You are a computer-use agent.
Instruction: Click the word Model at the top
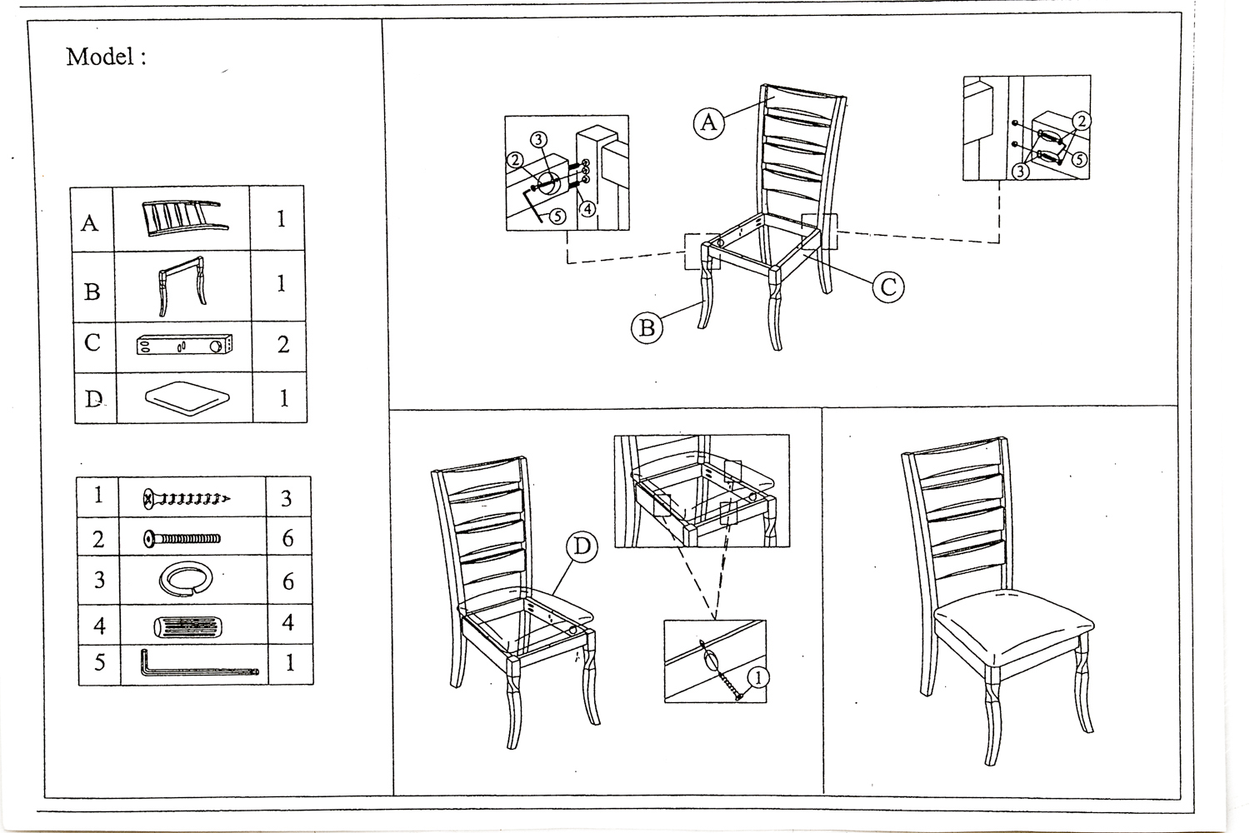(100, 57)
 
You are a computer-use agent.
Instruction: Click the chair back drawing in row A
(185, 218)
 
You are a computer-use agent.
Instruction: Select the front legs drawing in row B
(182, 287)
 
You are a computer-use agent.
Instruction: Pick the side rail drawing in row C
(184, 345)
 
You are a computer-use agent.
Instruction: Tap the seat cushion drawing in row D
(187, 398)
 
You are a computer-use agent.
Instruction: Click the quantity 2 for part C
(283, 345)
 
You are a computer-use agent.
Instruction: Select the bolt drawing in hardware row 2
(182, 539)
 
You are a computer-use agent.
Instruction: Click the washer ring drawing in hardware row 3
(185, 579)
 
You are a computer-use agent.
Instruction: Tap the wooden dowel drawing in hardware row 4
(187, 626)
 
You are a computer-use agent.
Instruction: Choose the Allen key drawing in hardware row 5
(199, 663)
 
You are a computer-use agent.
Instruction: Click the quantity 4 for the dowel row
(288, 622)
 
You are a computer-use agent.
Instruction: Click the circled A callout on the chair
(708, 122)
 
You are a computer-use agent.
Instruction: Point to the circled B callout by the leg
(647, 327)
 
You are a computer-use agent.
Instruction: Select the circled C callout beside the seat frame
(888, 287)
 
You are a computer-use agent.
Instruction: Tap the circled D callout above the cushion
(582, 546)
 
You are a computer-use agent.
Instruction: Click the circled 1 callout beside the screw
(758, 678)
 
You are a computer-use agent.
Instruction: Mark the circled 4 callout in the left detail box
(587, 209)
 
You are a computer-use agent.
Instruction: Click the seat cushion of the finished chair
(1013, 626)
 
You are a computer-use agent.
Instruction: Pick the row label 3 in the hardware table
(99, 581)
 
